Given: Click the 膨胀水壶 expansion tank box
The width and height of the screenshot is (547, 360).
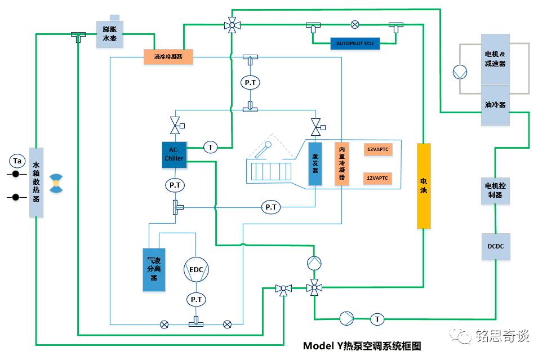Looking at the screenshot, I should pyautogui.click(x=109, y=34).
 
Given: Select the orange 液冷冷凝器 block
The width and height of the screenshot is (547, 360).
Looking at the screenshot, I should pyautogui.click(x=168, y=56).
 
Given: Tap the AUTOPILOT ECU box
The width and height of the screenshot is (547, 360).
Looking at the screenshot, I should pyautogui.click(x=355, y=43).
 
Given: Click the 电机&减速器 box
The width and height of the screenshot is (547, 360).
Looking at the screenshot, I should pyautogui.click(x=495, y=59).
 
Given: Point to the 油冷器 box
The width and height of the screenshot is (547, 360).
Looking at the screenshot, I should pyautogui.click(x=495, y=105).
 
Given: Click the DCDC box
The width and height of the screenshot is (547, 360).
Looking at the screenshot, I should pyautogui.click(x=495, y=246).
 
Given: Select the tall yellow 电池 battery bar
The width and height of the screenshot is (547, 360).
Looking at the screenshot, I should pyautogui.click(x=424, y=186).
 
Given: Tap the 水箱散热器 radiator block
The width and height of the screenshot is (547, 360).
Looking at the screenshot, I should pyautogui.click(x=36, y=182).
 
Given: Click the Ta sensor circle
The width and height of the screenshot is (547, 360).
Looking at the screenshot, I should pyautogui.click(x=17, y=161).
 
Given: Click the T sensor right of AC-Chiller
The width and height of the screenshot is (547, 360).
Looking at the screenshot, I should pyautogui.click(x=211, y=148).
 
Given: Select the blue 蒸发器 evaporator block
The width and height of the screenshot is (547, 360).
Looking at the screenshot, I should pyautogui.click(x=315, y=163).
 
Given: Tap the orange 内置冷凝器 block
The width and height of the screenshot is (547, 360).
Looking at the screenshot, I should pyautogui.click(x=341, y=163).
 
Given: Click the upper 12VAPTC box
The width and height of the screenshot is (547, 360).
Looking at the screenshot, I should pyautogui.click(x=377, y=149).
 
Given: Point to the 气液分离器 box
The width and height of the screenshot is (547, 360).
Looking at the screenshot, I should pyautogui.click(x=154, y=269).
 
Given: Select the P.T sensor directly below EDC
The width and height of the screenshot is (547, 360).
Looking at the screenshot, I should pyautogui.click(x=195, y=300).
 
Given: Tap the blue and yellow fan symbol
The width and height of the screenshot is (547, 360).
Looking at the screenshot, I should pyautogui.click(x=55, y=183).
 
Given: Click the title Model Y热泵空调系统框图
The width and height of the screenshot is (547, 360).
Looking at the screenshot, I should pyautogui.click(x=362, y=345).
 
